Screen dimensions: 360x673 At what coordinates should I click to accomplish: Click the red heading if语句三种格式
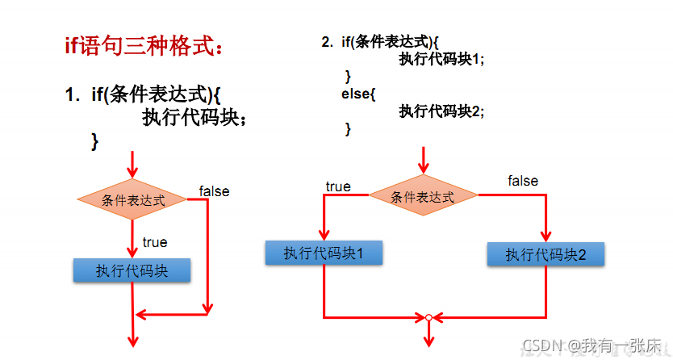pyautogui.click(x=144, y=45)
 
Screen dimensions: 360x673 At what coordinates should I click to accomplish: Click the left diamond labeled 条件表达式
pyautogui.click(x=133, y=199)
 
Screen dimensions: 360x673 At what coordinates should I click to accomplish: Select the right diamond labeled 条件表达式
pyautogui.click(x=423, y=196)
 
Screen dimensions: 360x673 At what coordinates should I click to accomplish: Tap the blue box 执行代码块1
pyautogui.click(x=324, y=253)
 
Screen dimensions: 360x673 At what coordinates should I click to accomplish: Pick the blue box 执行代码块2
pyautogui.click(x=546, y=255)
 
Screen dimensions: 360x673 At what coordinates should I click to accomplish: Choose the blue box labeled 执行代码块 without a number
pyautogui.click(x=132, y=270)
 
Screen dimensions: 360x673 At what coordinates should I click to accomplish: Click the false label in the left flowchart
pyautogui.click(x=214, y=191)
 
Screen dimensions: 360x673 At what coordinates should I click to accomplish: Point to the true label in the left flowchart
pyautogui.click(x=154, y=242)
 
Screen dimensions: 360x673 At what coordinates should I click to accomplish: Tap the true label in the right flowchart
pyautogui.click(x=338, y=186)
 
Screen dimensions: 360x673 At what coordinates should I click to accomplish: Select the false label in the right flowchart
pyautogui.click(x=523, y=181)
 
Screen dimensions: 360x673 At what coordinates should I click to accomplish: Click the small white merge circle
pyautogui.click(x=429, y=317)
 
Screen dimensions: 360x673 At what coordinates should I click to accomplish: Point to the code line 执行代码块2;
pyautogui.click(x=441, y=111)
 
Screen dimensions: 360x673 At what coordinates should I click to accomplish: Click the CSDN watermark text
pyautogui.click(x=593, y=346)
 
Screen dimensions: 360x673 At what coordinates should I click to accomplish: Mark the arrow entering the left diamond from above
pyautogui.click(x=133, y=165)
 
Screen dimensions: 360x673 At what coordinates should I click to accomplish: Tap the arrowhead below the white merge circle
pyautogui.click(x=429, y=340)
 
